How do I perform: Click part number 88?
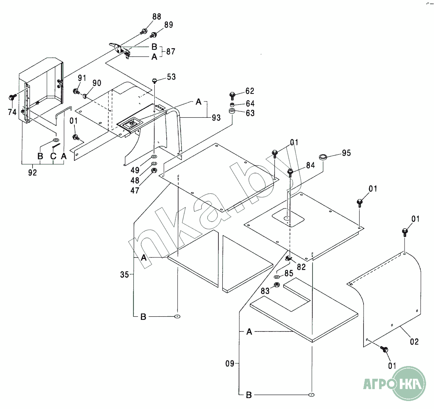tap(157, 17)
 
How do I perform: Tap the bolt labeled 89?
tap(153, 35)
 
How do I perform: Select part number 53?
tap(171, 77)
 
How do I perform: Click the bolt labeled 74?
tap(12, 97)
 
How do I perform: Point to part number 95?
tap(346, 153)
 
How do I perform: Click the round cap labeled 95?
tap(323, 157)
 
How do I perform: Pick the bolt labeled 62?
tap(232, 95)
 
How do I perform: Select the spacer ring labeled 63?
tap(232, 111)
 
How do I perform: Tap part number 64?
tap(250, 103)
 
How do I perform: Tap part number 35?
tap(124, 275)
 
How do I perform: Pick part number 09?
tap(230, 363)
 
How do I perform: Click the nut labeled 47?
tap(154, 171)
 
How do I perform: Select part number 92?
tap(32, 172)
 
